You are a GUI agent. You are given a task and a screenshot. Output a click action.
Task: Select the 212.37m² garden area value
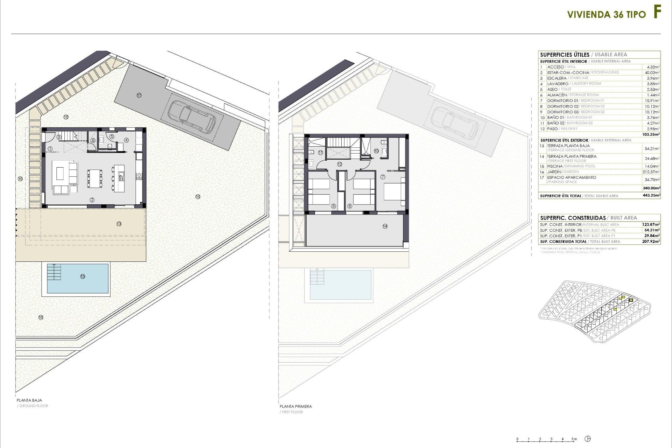[x=652, y=172]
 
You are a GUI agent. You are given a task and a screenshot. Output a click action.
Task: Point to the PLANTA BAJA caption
[x=29, y=400]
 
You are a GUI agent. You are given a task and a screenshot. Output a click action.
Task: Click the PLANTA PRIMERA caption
[x=296, y=406]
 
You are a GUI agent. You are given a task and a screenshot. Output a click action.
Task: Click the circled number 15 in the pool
[x=83, y=276]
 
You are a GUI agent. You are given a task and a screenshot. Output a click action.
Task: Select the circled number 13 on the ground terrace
[x=119, y=224]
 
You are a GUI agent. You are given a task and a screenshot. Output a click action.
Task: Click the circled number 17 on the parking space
[x=139, y=95]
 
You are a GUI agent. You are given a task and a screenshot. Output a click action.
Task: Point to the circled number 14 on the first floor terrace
[x=385, y=226]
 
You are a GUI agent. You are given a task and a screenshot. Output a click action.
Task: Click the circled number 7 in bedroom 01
[x=383, y=177]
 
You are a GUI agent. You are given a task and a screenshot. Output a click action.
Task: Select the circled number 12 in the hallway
[x=339, y=164]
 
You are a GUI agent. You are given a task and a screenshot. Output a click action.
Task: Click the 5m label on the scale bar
[x=574, y=439]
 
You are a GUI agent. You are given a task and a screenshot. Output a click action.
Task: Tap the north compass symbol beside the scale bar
[x=589, y=439]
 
